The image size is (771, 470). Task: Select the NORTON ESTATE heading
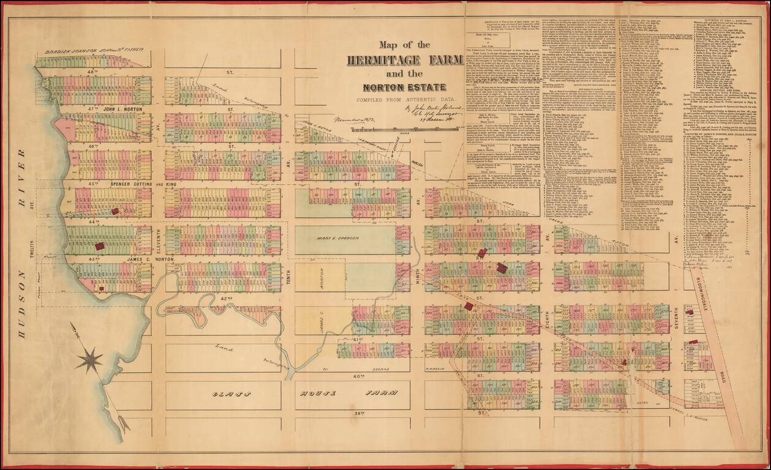tap(404, 88)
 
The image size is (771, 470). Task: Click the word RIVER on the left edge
tap(21, 176)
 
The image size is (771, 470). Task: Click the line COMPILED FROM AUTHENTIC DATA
tap(404, 100)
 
